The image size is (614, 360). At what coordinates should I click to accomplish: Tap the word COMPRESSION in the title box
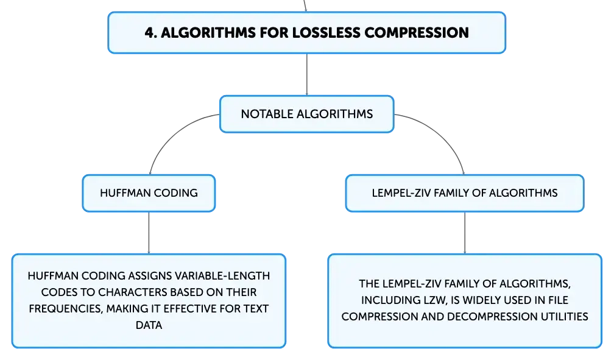(x=417, y=32)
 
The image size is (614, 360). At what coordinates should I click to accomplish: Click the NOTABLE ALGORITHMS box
(x=306, y=114)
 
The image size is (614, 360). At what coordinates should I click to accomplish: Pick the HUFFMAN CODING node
(x=149, y=193)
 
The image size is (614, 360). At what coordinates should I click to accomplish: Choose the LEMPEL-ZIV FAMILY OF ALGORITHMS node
(x=465, y=193)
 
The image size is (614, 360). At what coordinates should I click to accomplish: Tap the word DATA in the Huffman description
(x=149, y=325)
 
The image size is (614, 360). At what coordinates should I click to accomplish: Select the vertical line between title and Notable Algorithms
(x=306, y=74)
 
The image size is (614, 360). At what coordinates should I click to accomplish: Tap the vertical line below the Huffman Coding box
(x=149, y=233)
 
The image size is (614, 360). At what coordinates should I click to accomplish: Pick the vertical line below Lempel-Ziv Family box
(x=465, y=233)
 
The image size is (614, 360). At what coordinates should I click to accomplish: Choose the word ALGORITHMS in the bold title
(x=208, y=32)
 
